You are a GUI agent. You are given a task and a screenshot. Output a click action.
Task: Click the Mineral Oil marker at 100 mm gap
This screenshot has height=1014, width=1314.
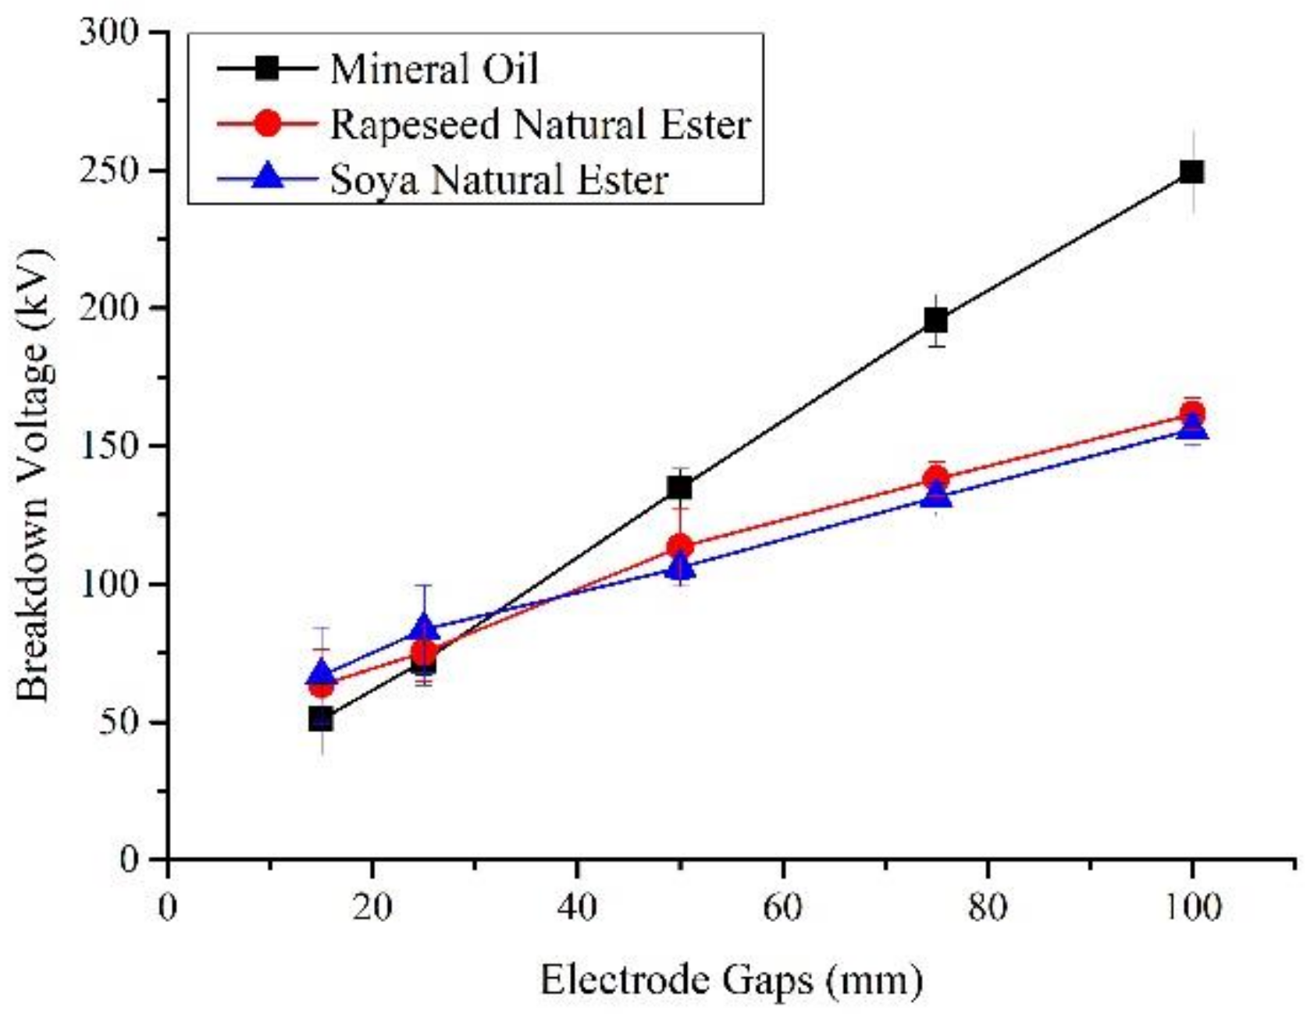tap(1191, 172)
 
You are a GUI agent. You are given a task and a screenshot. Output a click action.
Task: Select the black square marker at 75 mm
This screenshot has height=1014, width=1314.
tap(935, 320)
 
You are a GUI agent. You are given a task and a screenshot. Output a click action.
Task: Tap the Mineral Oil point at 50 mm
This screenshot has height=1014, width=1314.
tap(679, 488)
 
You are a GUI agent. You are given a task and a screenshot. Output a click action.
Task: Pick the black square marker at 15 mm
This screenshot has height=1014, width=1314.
tap(321, 719)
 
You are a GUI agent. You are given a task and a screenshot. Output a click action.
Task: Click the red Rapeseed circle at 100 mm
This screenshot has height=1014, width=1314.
tap(1191, 414)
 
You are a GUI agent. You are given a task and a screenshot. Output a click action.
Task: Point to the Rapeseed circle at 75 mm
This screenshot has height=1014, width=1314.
tap(936, 479)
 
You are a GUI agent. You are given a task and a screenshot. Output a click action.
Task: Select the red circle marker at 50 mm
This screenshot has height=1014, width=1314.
tap(679, 546)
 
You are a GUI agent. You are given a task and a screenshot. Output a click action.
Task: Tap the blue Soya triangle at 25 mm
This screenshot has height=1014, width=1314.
tap(423, 626)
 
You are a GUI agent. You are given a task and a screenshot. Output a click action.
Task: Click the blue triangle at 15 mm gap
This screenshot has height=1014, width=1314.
tap(321, 674)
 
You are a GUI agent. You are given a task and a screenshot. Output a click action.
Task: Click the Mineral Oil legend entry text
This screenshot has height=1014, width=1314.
tap(434, 69)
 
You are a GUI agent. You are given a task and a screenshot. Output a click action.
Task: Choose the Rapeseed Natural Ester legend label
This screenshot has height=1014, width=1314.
tap(540, 125)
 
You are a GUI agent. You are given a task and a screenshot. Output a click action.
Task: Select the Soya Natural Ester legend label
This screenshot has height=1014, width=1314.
tap(499, 180)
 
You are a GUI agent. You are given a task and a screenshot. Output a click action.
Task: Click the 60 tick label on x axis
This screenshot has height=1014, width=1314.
tap(782, 908)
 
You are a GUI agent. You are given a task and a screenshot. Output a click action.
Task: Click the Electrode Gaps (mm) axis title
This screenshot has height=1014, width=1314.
tap(731, 980)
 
